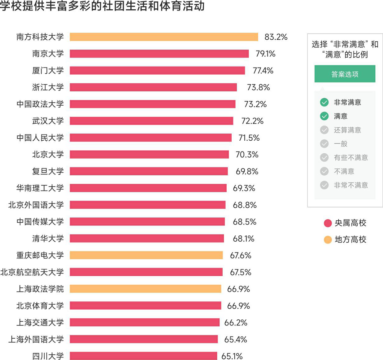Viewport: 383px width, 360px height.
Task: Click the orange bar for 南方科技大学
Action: point(163,37)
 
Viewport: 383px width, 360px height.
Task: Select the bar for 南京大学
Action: point(159,54)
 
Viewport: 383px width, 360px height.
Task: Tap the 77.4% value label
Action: point(263,71)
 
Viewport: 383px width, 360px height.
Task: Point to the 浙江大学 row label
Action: point(48,87)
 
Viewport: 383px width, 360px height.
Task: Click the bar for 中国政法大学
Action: point(152,104)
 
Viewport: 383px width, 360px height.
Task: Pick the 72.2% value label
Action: point(252,121)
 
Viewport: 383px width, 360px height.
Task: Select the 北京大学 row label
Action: point(48,154)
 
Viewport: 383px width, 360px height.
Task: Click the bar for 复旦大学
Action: point(149,171)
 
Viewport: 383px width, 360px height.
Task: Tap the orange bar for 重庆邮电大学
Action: point(146,255)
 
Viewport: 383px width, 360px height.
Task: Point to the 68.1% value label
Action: point(243,239)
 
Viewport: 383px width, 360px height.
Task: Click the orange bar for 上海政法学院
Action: point(146,289)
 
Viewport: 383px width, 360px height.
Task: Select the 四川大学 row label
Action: point(48,356)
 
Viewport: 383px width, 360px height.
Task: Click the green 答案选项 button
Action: point(345,74)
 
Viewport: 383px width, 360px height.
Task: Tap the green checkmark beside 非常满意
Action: point(324,102)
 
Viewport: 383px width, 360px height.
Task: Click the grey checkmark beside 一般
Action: point(324,144)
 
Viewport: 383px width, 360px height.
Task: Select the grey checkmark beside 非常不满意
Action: point(324,185)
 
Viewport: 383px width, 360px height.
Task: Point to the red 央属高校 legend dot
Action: point(328,223)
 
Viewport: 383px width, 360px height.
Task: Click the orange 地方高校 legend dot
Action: point(328,239)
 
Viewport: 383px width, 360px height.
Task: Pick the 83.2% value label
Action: point(276,37)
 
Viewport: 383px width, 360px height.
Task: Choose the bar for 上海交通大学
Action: point(145,322)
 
